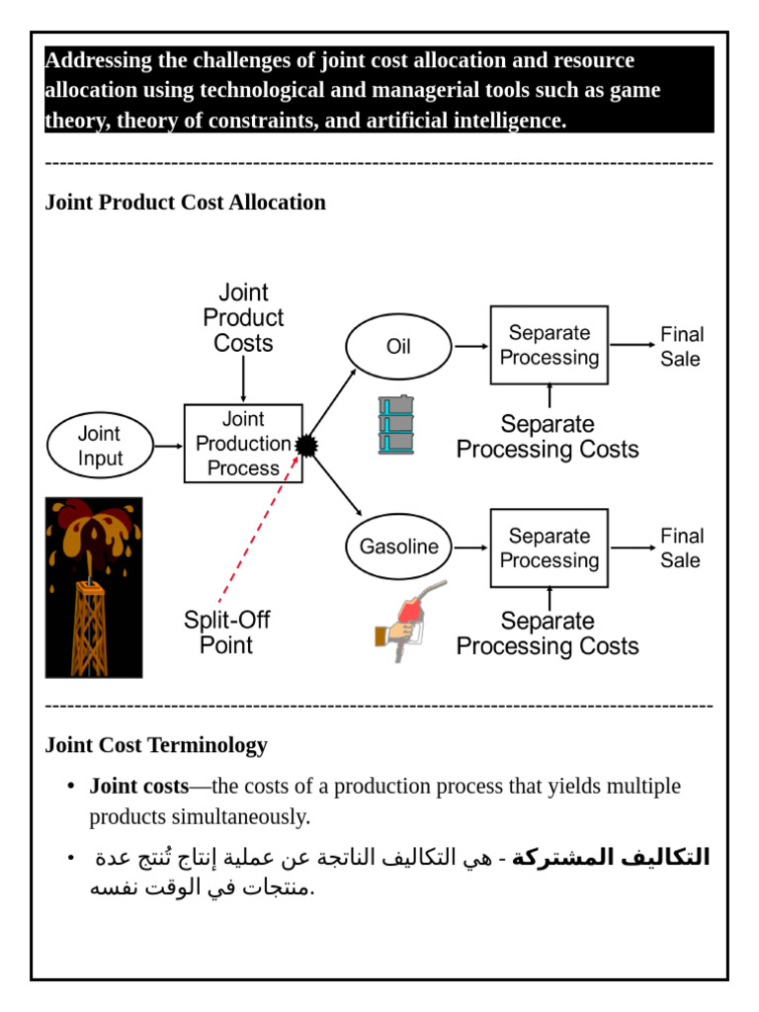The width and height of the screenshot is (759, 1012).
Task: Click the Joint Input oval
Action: (100, 446)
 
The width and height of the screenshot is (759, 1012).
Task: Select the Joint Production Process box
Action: (243, 444)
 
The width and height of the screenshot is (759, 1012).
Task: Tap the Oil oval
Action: (398, 347)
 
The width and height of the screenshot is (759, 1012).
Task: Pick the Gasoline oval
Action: (398, 547)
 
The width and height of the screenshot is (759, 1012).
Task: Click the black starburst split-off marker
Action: (307, 446)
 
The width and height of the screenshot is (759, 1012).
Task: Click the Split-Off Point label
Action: (226, 632)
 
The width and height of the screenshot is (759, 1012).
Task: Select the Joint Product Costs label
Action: (243, 318)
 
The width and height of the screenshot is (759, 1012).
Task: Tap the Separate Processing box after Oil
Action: (548, 345)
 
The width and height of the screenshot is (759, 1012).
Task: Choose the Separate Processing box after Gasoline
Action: (548, 548)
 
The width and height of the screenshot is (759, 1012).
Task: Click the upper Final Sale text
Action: (681, 346)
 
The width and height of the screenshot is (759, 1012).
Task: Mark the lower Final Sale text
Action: (681, 548)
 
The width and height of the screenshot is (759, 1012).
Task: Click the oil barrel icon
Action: (396, 425)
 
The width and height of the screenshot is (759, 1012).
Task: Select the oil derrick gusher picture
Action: (94, 587)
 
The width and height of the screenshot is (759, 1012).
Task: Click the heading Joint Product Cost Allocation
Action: (185, 203)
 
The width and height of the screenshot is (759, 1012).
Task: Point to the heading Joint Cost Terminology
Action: (156, 745)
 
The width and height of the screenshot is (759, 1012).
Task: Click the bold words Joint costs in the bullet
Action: (138, 787)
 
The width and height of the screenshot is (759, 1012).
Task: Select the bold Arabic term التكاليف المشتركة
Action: (610, 857)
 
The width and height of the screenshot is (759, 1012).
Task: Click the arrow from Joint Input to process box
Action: (168, 446)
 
